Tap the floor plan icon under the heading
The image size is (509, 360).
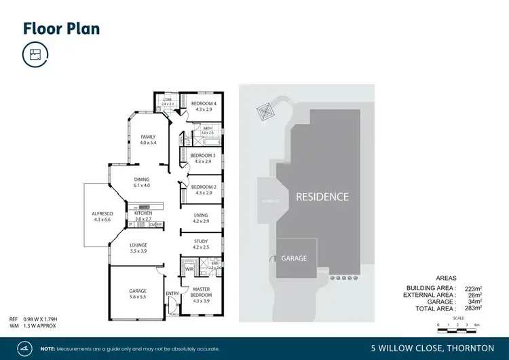tap(35, 55)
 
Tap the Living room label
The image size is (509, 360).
tap(200, 217)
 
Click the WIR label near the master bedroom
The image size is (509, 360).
tap(189, 270)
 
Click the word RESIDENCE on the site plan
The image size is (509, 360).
tap(322, 197)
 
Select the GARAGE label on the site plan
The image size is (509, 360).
tap(295, 258)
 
